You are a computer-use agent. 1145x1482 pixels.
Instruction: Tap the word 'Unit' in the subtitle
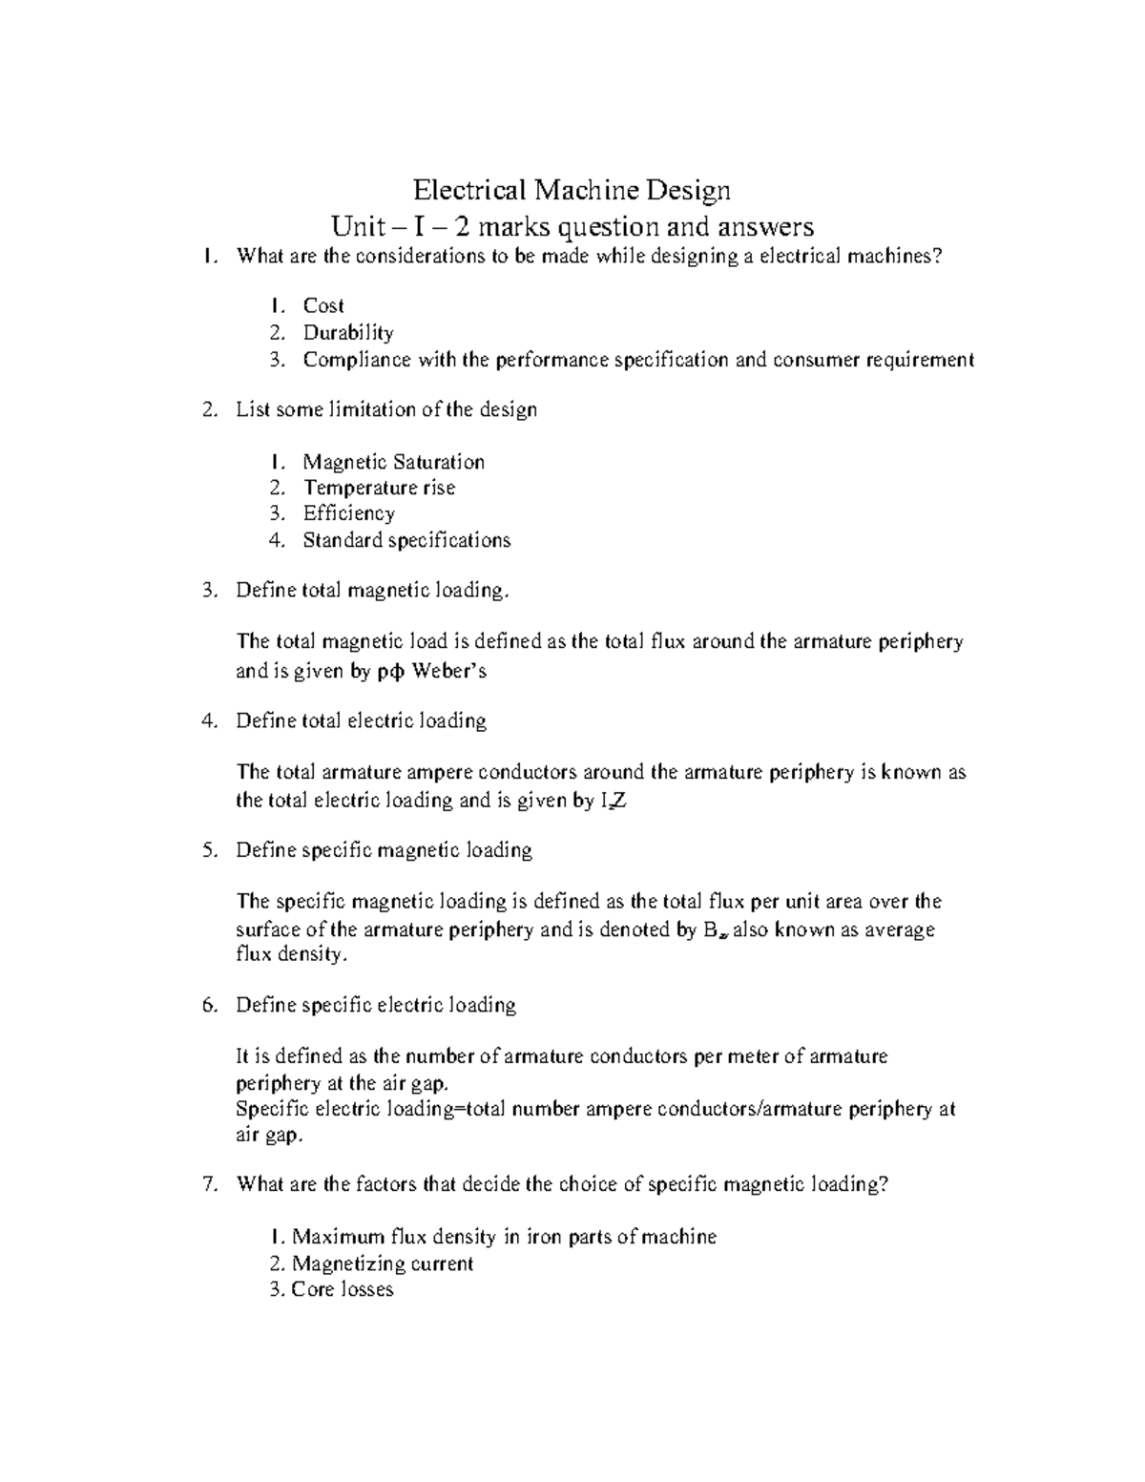(x=352, y=227)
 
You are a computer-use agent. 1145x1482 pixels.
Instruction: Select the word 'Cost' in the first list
(x=323, y=306)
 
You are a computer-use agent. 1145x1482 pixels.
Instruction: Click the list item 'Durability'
(x=348, y=333)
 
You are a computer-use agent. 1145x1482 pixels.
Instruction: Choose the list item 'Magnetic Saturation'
(x=393, y=463)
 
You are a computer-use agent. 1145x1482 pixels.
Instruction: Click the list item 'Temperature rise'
(x=379, y=489)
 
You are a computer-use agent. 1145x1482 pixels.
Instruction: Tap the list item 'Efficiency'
(x=348, y=514)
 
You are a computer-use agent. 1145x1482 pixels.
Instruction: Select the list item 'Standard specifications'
(x=406, y=541)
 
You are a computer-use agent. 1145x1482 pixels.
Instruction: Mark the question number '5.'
(x=211, y=850)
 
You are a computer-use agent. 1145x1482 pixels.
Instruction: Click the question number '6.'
(x=211, y=1006)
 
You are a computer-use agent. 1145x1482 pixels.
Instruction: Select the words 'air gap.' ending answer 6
(x=269, y=1136)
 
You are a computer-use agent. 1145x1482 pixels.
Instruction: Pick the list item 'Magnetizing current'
(x=383, y=1264)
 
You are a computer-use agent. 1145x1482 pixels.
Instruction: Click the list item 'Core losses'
(x=343, y=1290)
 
